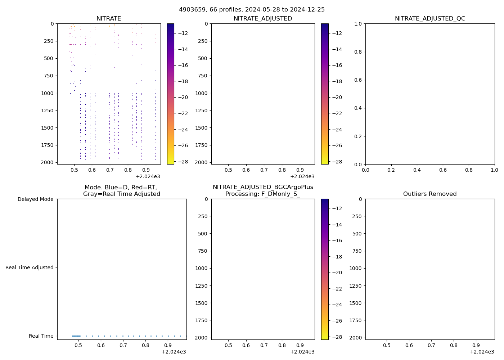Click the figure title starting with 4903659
pyautogui.click(x=252, y=9)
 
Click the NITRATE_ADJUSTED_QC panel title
pyautogui.click(x=430, y=18)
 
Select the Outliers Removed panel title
pyautogui.click(x=430, y=194)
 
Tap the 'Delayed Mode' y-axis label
pyautogui.click(x=35, y=199)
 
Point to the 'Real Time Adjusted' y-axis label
pyautogui.click(x=30, y=267)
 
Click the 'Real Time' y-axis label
pyautogui.click(x=41, y=336)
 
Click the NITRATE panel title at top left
pyautogui.click(x=109, y=18)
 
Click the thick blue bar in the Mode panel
pyautogui.click(x=76, y=336)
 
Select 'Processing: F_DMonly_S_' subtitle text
pyautogui.click(x=263, y=194)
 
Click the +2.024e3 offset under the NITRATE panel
pyautogui.click(x=148, y=176)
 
